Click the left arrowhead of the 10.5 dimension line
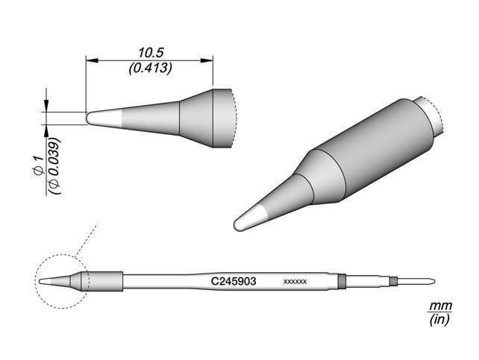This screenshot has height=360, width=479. (90, 61)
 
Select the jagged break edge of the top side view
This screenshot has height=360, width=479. (234, 118)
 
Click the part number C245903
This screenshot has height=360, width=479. (234, 282)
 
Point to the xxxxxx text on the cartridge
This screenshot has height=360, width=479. (296, 282)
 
